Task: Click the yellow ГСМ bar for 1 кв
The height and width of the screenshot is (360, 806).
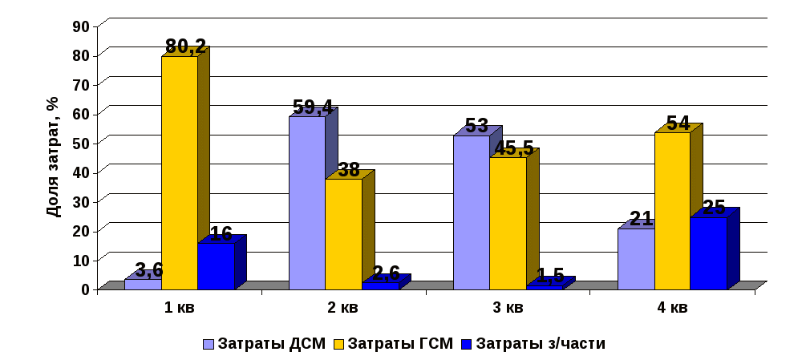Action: point(179,172)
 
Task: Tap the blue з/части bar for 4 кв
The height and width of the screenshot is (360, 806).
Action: point(708,253)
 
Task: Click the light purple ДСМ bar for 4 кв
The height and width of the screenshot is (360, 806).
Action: point(635,258)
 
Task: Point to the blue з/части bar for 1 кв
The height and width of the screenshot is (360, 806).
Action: point(215,265)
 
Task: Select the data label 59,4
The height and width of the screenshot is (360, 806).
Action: point(313,107)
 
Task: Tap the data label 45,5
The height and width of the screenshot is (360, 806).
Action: point(512,148)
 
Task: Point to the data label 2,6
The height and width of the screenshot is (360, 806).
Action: point(386,273)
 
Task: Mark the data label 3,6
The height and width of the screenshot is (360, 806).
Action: point(149,269)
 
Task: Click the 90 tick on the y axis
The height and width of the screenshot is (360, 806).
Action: point(81,26)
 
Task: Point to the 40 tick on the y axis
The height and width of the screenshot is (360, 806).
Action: point(81,172)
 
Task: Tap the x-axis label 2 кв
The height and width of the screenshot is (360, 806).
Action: point(343,308)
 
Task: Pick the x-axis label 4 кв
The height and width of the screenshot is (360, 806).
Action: point(672,308)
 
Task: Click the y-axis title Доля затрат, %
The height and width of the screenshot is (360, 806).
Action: point(53,156)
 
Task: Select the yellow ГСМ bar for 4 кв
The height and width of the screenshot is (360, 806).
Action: point(672,210)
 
